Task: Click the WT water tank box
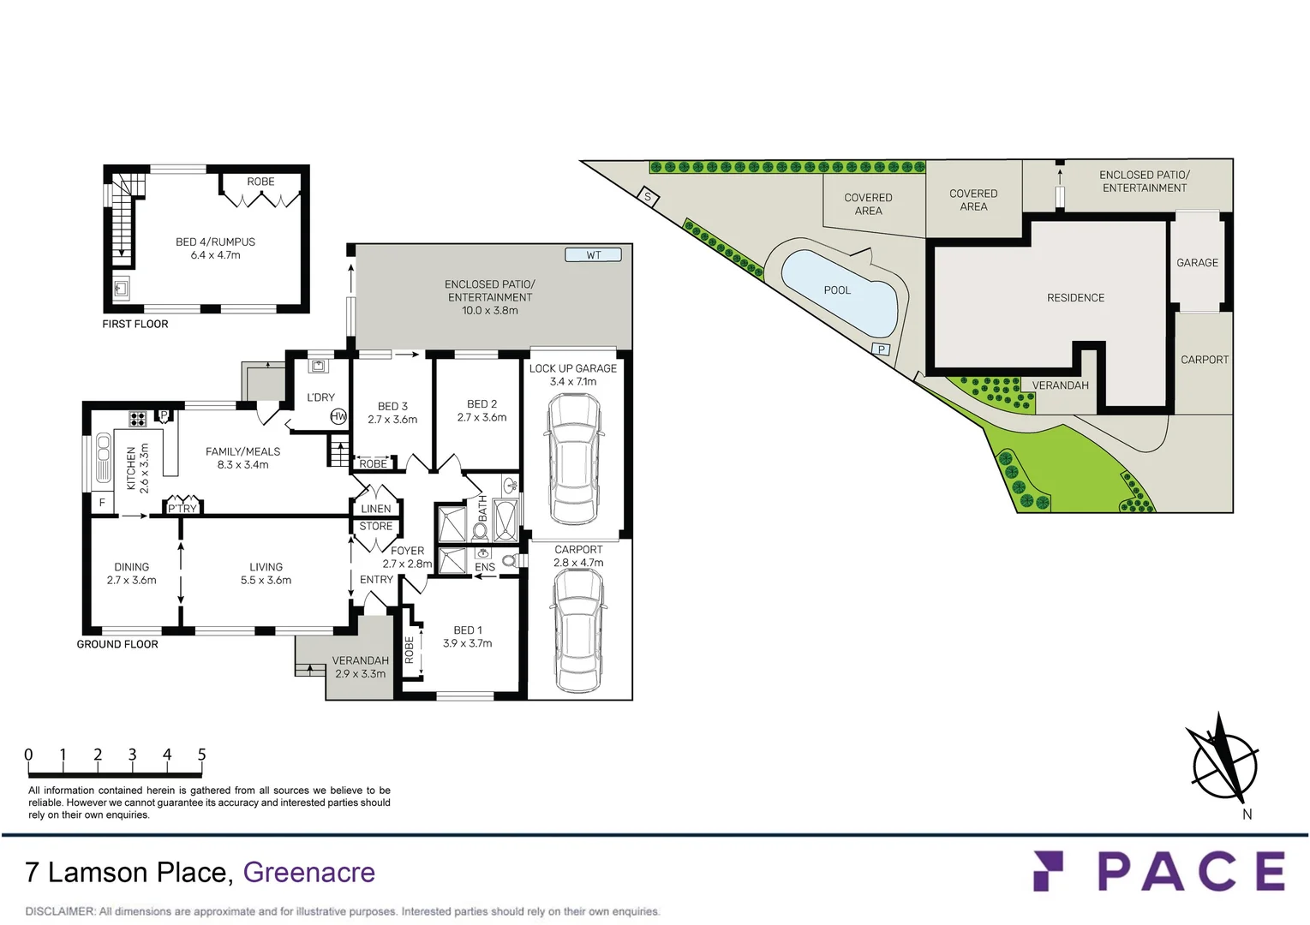click(593, 254)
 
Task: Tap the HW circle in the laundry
click(338, 417)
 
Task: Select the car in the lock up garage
click(573, 459)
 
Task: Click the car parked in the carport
click(578, 630)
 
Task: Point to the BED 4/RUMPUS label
click(215, 242)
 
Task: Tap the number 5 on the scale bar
click(202, 755)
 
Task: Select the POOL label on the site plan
click(837, 290)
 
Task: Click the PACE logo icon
click(1047, 870)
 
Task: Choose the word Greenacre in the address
click(308, 872)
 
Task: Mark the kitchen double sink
click(104, 457)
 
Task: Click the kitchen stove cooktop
click(137, 418)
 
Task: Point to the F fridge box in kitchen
click(102, 503)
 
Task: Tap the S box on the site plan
click(648, 197)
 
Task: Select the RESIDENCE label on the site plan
click(1075, 298)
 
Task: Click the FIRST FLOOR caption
click(135, 324)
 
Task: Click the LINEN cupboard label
click(375, 509)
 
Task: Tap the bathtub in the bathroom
click(505, 521)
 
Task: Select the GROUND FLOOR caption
click(117, 644)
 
